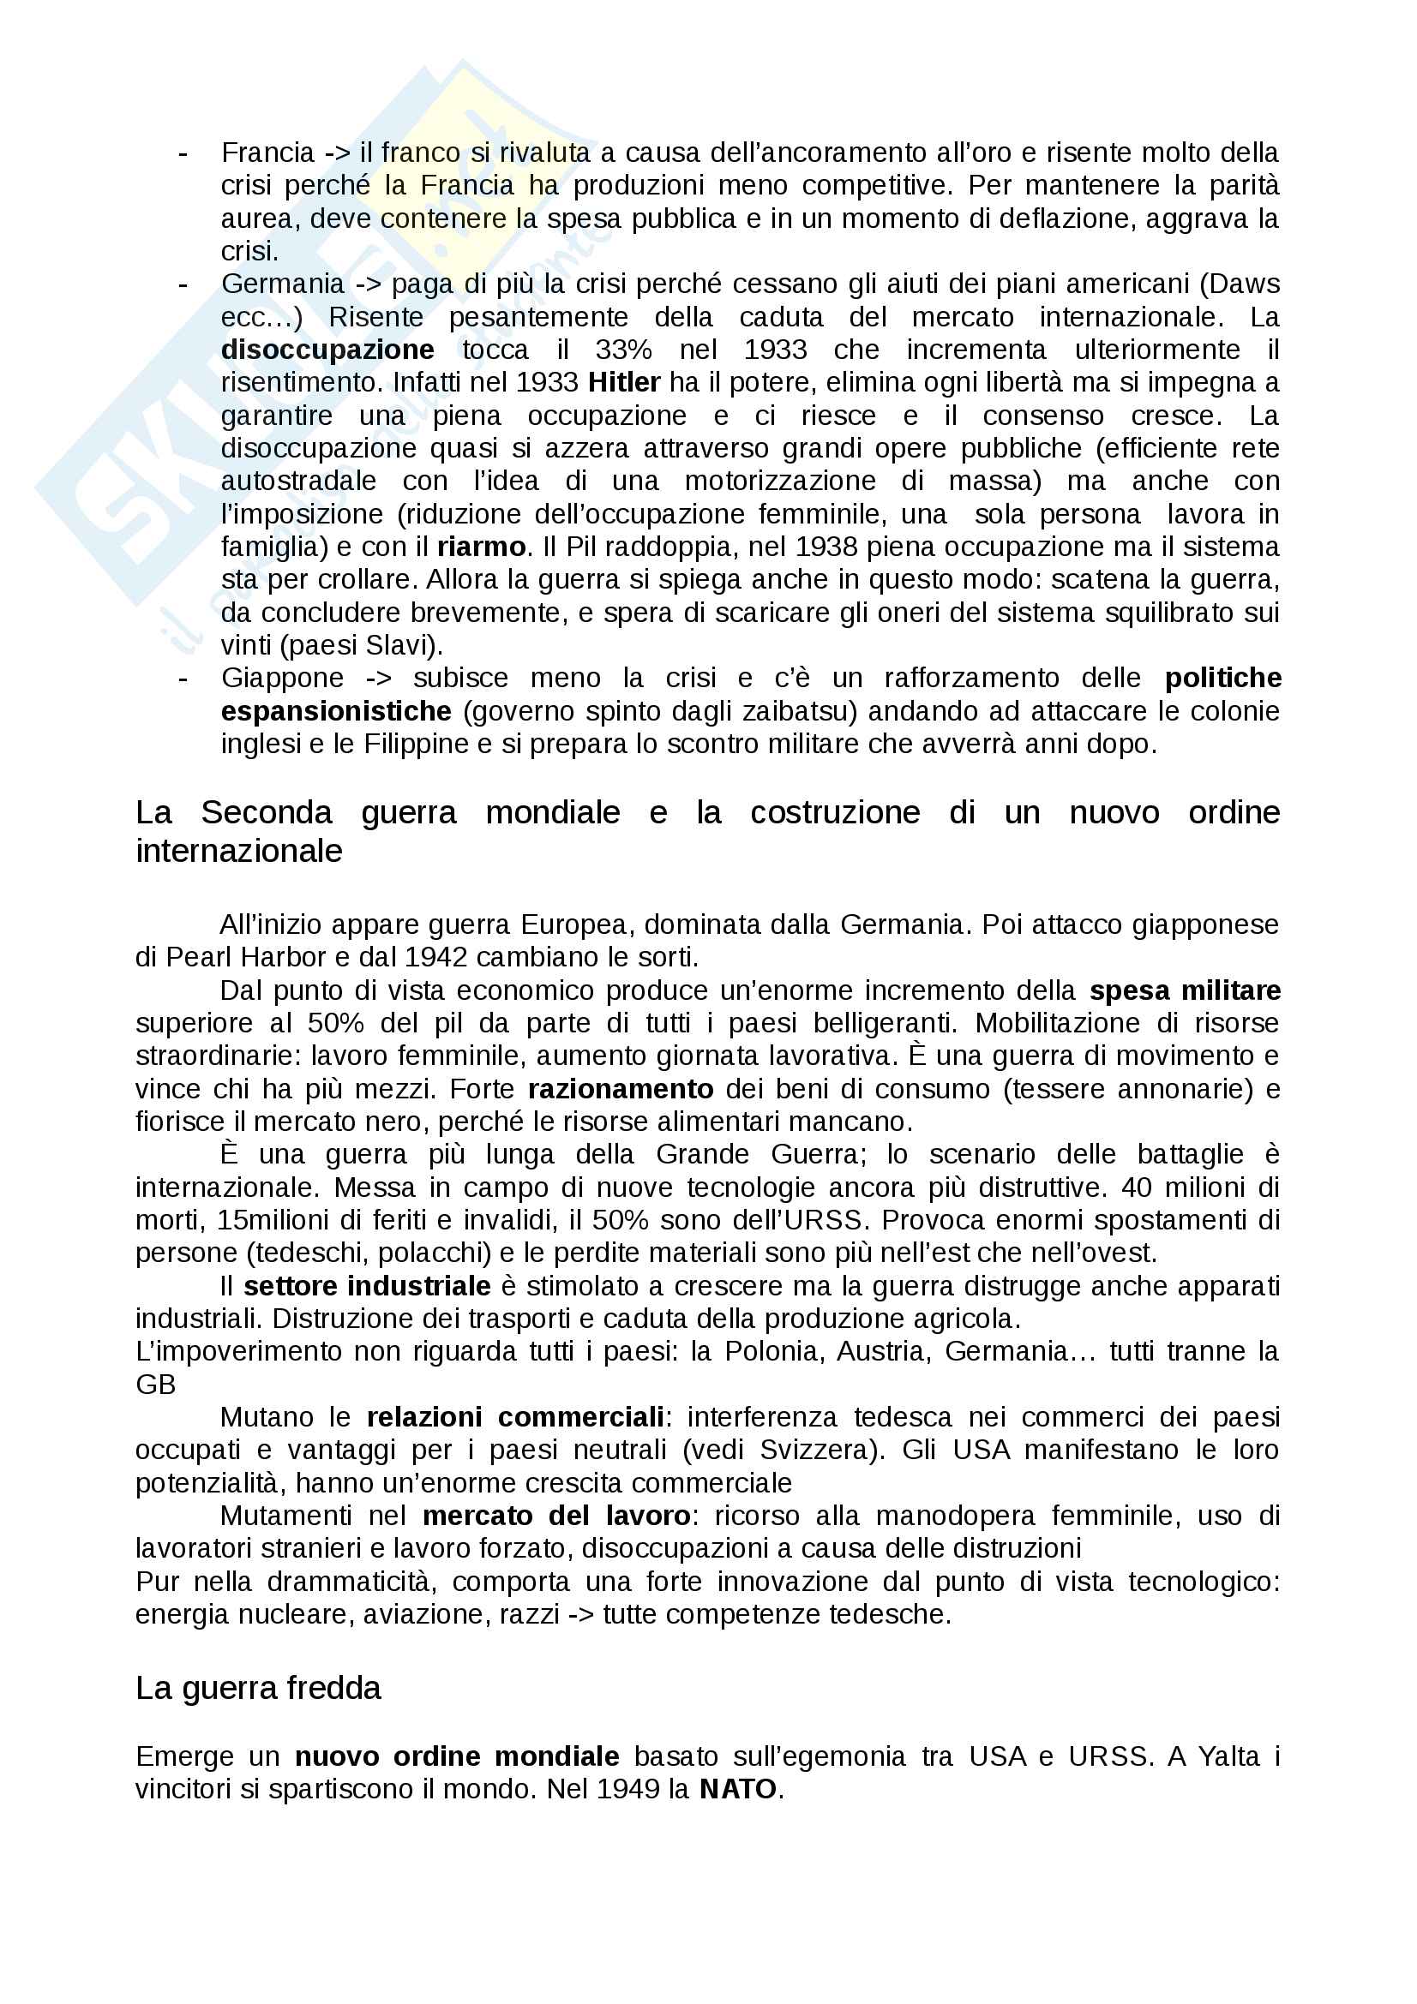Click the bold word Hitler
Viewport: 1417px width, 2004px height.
(623, 382)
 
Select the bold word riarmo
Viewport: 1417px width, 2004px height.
(481, 547)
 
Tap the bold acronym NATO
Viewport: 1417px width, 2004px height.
(738, 1789)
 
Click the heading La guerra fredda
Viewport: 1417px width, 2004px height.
(258, 1687)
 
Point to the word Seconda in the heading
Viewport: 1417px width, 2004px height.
(267, 811)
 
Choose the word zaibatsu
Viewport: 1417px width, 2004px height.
(796, 711)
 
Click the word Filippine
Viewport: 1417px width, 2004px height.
(417, 744)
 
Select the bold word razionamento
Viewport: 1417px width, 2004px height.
(621, 1089)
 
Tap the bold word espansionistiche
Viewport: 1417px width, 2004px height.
(336, 711)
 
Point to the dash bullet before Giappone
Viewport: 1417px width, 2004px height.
(183, 679)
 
